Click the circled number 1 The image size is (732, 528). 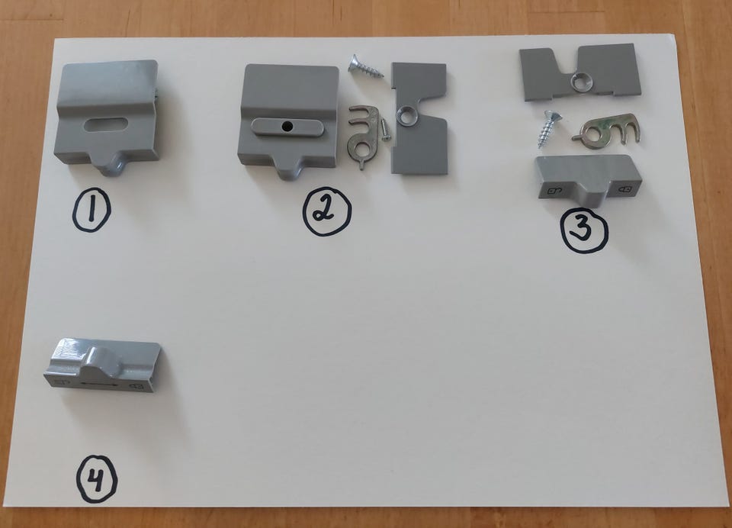tap(91, 210)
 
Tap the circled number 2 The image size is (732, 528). tap(327, 213)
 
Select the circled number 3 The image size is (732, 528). tap(584, 230)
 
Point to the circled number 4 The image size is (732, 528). tap(97, 480)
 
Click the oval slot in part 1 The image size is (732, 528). tap(106, 125)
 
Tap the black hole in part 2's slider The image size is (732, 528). tap(287, 126)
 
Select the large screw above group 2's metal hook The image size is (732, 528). tap(365, 66)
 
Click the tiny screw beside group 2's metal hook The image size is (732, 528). tap(384, 130)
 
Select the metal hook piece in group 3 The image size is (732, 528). tap(607, 128)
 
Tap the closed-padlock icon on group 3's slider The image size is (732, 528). tap(625, 189)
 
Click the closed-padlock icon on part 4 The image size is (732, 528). tap(136, 386)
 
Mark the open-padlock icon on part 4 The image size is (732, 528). tap(59, 383)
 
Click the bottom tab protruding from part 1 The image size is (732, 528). tap(111, 166)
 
